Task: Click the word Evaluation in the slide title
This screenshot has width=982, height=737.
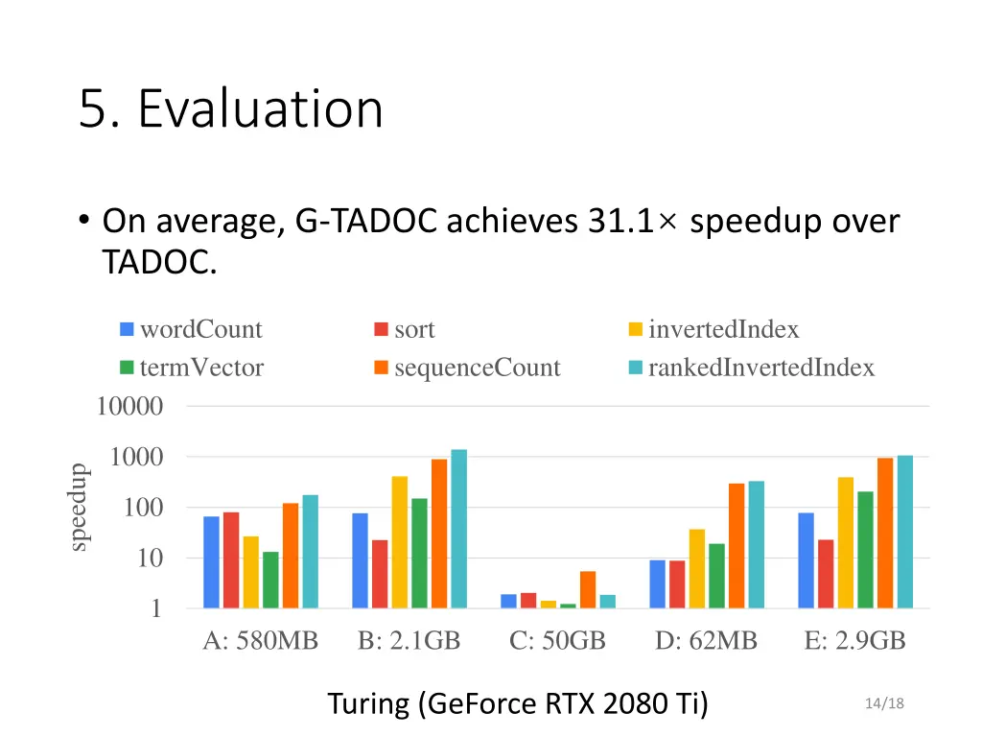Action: pos(260,108)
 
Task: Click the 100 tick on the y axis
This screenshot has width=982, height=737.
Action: pos(142,508)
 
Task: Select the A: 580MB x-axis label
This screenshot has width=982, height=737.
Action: pos(260,641)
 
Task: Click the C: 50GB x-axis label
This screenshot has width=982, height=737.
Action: pos(557,641)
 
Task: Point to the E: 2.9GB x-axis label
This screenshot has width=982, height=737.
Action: pos(854,641)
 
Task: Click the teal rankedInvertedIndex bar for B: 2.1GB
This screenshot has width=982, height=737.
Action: pos(458,529)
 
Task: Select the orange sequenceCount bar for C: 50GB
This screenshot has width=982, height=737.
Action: pos(587,589)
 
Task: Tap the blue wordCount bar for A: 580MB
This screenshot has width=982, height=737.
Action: pos(211,562)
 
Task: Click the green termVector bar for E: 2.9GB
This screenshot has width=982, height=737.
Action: pos(865,550)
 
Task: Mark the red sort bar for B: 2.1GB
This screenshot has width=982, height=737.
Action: pos(380,574)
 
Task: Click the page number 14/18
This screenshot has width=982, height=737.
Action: pos(883,704)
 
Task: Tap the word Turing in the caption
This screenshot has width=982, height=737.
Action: pos(368,704)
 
